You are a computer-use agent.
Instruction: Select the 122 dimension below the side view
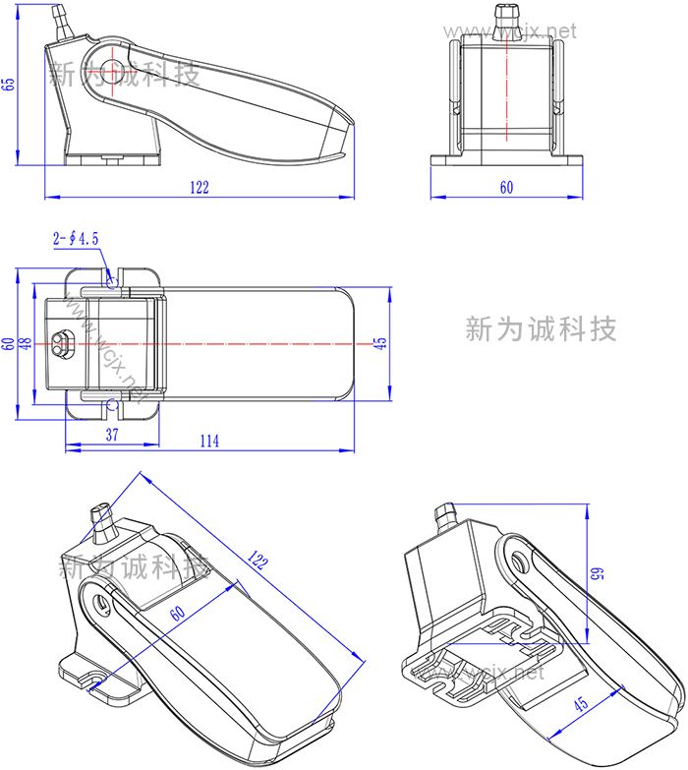point(200,188)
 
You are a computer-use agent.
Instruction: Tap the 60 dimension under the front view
point(506,187)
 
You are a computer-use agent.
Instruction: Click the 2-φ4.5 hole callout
point(76,238)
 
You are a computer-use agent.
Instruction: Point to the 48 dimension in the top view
point(26,344)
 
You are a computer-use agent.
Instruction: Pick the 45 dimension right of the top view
point(381,343)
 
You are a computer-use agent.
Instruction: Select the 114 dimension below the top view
point(208,442)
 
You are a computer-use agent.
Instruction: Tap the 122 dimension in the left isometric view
point(258,562)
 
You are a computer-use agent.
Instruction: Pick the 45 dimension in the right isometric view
point(581,704)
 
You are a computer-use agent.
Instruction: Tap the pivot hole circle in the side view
point(111,71)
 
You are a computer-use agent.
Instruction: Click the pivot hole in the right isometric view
point(518,562)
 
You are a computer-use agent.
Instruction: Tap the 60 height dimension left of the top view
point(9,344)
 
